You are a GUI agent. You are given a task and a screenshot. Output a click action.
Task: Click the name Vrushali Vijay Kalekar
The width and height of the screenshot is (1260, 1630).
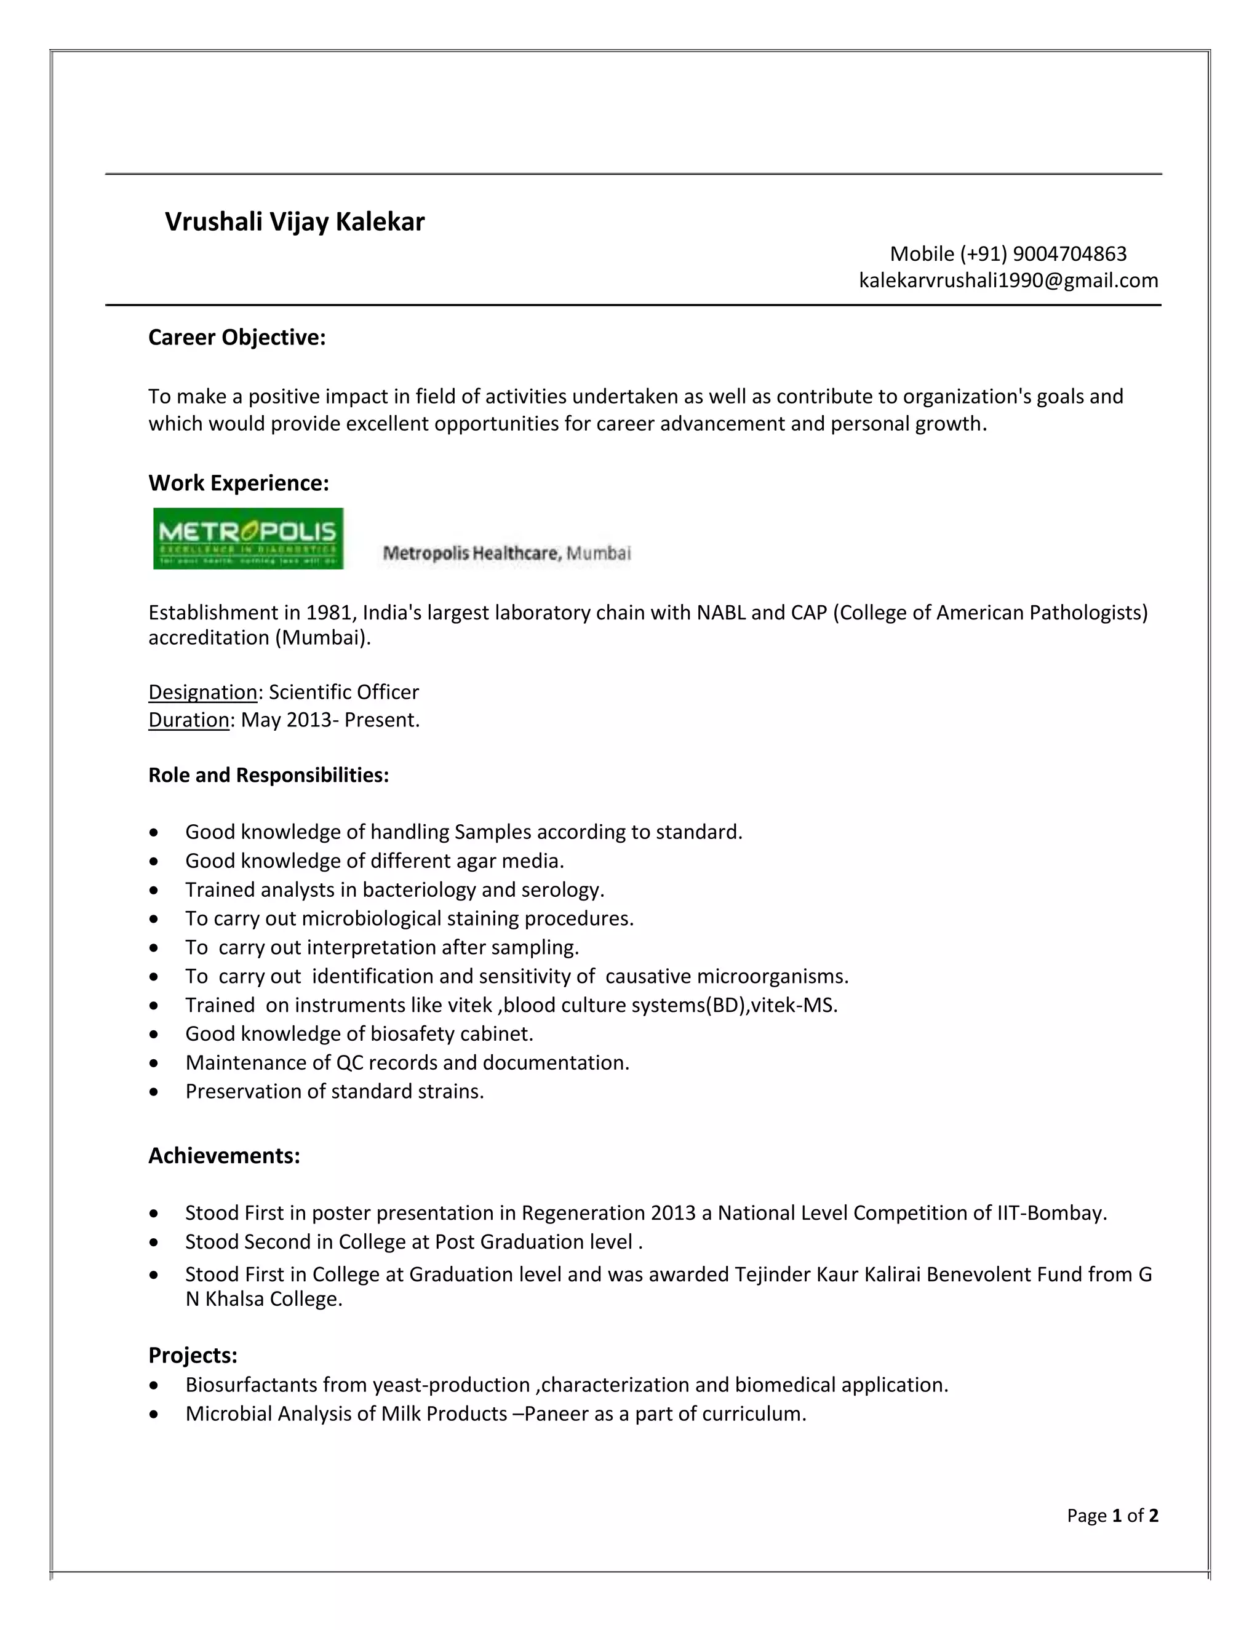tap(294, 221)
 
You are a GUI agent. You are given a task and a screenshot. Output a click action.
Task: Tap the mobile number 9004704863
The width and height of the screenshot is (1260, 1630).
tap(1070, 254)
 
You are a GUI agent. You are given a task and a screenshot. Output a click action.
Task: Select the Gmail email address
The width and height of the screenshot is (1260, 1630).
tap(1008, 280)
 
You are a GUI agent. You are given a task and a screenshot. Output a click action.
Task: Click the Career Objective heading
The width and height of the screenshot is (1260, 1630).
tap(237, 337)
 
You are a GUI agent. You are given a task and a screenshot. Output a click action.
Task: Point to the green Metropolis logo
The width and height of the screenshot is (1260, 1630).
tap(248, 538)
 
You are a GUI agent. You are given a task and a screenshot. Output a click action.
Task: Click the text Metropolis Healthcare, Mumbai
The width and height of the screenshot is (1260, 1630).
tap(506, 553)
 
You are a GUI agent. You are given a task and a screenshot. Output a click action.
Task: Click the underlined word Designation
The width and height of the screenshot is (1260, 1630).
tap(202, 692)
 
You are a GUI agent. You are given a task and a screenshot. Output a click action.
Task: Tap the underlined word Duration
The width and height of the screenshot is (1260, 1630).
tap(189, 720)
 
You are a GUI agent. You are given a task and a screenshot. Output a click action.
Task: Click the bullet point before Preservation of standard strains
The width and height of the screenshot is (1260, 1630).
tap(154, 1092)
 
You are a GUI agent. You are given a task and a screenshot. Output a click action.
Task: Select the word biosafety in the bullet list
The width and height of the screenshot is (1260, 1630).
tap(412, 1034)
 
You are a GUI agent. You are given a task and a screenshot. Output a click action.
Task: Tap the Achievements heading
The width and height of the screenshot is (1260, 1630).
tap(224, 1155)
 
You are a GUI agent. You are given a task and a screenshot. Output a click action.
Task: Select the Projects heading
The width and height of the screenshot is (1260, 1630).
tap(193, 1354)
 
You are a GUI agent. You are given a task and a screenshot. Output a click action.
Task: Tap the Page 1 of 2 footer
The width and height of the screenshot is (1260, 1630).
tap(1112, 1515)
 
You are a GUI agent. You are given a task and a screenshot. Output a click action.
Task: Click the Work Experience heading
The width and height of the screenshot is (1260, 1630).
tap(238, 483)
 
